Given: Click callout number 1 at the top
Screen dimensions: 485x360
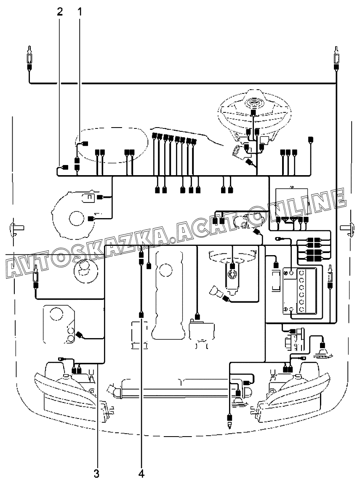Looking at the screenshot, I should [79, 11].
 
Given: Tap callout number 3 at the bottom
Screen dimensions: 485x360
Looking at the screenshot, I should [96, 474].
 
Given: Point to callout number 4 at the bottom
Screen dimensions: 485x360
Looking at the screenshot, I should [141, 474].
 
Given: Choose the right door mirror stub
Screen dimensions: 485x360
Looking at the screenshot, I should [346, 228].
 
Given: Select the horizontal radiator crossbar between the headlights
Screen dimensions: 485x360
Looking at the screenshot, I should [177, 392].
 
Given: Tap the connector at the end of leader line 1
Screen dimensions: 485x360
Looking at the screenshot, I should [84, 144].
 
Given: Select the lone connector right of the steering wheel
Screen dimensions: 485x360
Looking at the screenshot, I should [311, 139].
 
